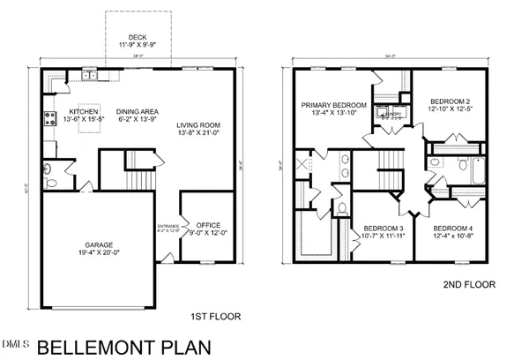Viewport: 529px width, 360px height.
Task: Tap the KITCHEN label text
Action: [85, 112]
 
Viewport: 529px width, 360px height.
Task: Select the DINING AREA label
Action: [139, 112]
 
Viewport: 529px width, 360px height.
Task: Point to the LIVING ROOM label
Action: [198, 125]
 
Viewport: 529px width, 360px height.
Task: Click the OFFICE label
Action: [209, 225]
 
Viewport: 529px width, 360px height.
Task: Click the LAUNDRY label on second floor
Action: [389, 113]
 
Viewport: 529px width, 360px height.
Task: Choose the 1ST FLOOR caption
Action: [217, 316]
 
